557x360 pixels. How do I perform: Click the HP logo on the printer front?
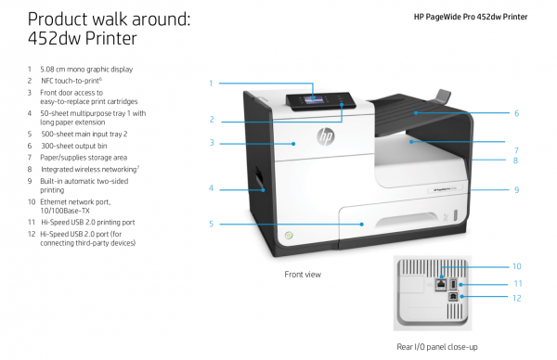(326, 136)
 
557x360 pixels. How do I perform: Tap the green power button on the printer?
(289, 235)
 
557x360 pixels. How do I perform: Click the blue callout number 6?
(516, 113)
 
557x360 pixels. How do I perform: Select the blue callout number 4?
(211, 188)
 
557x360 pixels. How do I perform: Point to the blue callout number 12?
(516, 298)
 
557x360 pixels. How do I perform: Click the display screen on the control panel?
(314, 99)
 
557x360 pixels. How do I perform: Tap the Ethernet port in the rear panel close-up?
(441, 285)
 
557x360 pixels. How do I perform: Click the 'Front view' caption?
(303, 275)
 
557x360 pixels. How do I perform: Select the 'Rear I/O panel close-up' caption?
(437, 347)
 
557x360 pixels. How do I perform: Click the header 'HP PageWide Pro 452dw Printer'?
(471, 17)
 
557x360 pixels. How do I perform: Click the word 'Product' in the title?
(58, 19)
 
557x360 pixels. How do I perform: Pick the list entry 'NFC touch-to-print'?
(71, 81)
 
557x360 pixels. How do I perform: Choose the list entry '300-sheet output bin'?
(74, 146)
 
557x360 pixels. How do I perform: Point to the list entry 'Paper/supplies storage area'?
(84, 158)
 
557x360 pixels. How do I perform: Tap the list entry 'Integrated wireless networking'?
(89, 169)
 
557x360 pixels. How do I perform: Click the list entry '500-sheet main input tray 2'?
(84, 134)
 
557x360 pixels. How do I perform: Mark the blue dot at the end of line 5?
(362, 224)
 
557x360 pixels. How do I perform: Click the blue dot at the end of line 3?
(293, 144)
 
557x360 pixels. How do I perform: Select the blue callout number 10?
(516, 266)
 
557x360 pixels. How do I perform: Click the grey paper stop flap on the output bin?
(442, 96)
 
